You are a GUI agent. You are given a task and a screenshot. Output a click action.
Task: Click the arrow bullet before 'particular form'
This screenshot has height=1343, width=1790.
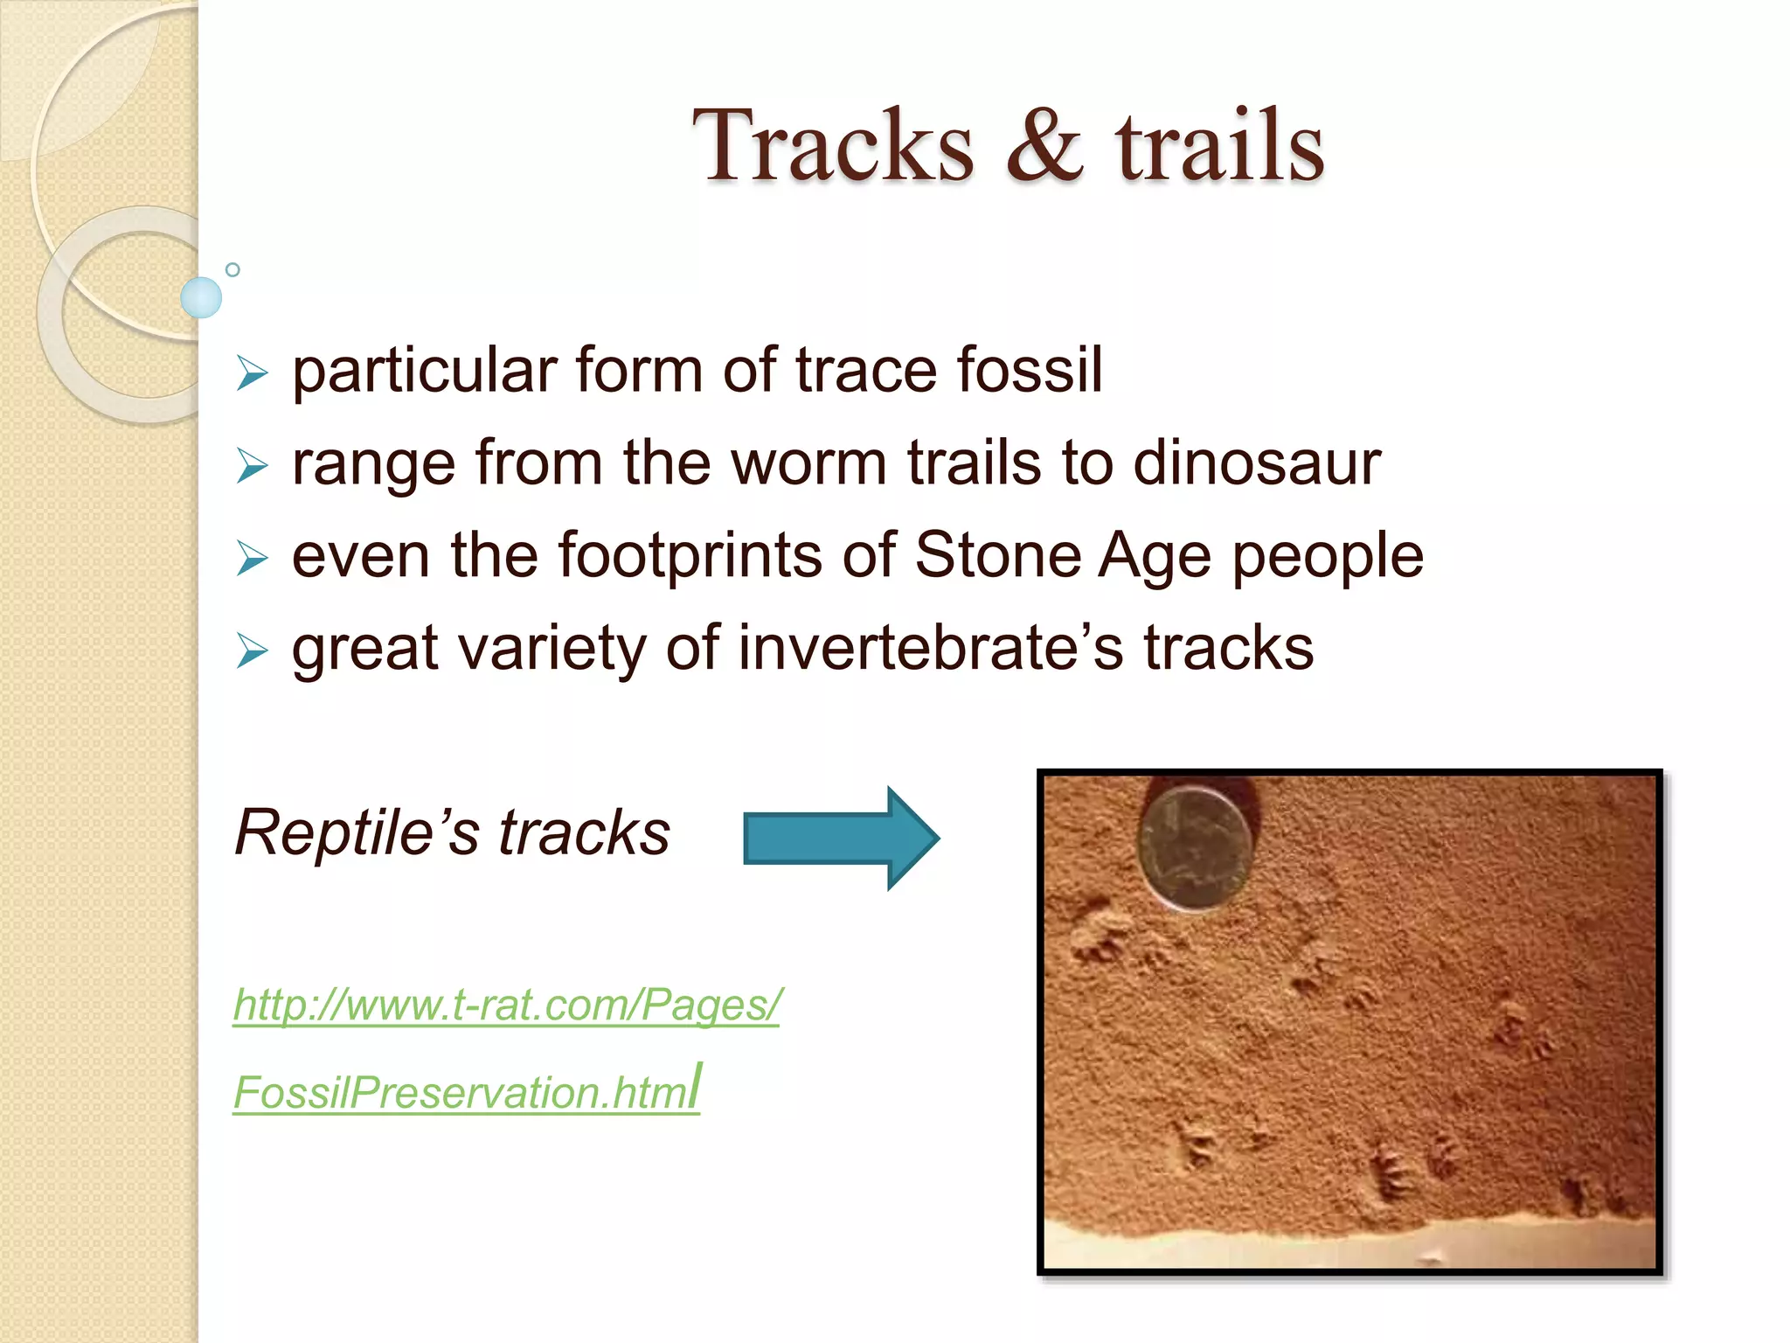pos(252,373)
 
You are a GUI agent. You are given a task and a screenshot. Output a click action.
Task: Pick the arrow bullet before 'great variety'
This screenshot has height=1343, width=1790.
pos(252,651)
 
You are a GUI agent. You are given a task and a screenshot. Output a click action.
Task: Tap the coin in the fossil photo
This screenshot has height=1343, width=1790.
pos(1196,848)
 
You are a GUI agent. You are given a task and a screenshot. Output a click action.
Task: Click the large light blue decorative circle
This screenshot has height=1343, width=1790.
pos(201,297)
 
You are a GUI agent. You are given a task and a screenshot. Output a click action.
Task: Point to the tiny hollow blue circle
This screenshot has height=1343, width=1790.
pos(232,269)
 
